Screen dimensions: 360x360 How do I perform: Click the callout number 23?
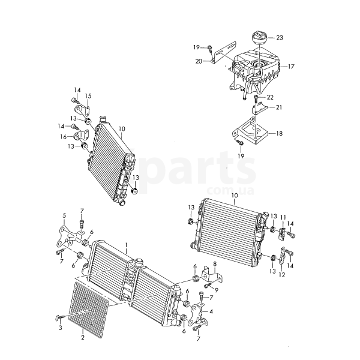(280, 37)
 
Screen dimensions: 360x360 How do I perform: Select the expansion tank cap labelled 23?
(260, 39)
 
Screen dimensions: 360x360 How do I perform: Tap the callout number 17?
(291, 67)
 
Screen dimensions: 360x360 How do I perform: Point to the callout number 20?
(199, 61)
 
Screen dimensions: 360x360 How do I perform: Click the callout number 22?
(270, 97)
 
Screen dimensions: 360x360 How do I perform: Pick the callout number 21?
(279, 107)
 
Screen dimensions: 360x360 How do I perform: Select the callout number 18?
(279, 133)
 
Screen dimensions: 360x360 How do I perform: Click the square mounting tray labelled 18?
(250, 130)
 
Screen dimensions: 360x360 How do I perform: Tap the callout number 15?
(88, 96)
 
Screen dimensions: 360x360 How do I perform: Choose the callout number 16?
(64, 137)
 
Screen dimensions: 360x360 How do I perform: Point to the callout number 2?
(83, 338)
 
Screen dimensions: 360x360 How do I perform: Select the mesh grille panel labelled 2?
(89, 310)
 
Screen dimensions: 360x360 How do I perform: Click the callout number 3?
(60, 328)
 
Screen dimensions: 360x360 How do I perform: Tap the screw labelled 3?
(59, 318)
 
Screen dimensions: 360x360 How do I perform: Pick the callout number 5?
(64, 215)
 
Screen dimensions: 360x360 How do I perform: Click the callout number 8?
(215, 264)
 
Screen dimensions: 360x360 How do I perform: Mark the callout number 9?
(216, 290)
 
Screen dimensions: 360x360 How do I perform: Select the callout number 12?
(282, 275)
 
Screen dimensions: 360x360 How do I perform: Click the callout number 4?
(211, 311)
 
